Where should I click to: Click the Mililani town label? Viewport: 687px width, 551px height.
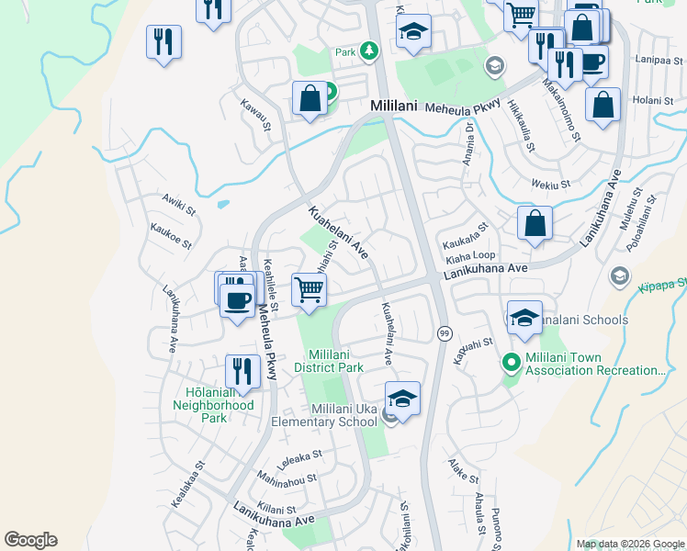pos(394,107)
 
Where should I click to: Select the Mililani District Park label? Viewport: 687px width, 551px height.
pos(336,361)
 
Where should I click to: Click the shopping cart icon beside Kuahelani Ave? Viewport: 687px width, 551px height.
pos(310,289)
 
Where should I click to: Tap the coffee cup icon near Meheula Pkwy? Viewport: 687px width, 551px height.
pos(238,299)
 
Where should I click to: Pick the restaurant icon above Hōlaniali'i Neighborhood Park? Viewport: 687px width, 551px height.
pos(242,371)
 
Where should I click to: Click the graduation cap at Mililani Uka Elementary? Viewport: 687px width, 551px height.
pos(402,398)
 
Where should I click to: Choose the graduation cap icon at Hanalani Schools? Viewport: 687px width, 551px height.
pos(524,318)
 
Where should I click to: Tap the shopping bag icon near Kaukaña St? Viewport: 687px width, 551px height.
pos(534,223)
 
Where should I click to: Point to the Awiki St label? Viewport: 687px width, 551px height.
pos(179,204)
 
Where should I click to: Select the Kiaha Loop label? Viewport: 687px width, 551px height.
pos(470,256)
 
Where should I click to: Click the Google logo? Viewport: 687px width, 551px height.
pos(30,540)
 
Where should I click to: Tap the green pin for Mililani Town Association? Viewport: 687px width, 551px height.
pos(512,364)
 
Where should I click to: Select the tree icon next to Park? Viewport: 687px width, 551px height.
pos(369,51)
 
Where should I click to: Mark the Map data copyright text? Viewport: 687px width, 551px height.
pos(629,544)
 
